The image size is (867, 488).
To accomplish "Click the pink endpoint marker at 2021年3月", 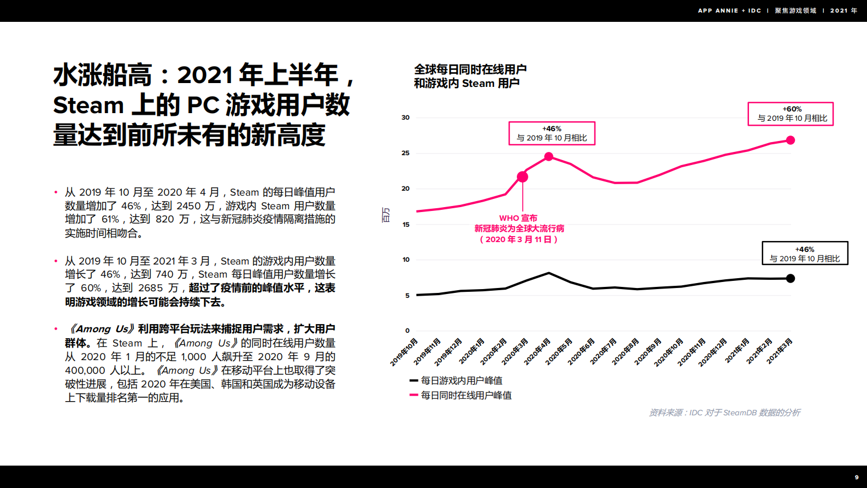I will (791, 140).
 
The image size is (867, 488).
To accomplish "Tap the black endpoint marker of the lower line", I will (791, 279).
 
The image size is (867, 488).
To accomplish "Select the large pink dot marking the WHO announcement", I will (522, 177).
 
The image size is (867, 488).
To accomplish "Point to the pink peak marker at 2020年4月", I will (549, 157).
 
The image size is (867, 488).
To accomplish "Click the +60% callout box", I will (791, 114).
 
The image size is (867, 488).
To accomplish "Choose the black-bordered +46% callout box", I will (805, 254).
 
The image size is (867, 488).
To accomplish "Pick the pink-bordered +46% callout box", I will (552, 133).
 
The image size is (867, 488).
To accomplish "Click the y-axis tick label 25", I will (405, 153).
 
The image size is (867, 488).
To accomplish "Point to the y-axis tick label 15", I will (406, 225).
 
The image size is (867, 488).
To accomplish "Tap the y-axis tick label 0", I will (408, 331).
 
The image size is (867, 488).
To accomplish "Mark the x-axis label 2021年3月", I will (780, 351).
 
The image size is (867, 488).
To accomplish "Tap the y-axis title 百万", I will (386, 215).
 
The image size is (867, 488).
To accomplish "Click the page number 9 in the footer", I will (857, 477).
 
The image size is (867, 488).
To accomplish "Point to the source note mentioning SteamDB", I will (724, 413).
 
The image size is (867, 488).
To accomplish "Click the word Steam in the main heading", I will (89, 105).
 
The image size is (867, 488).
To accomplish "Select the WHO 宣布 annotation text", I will (518, 218).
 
